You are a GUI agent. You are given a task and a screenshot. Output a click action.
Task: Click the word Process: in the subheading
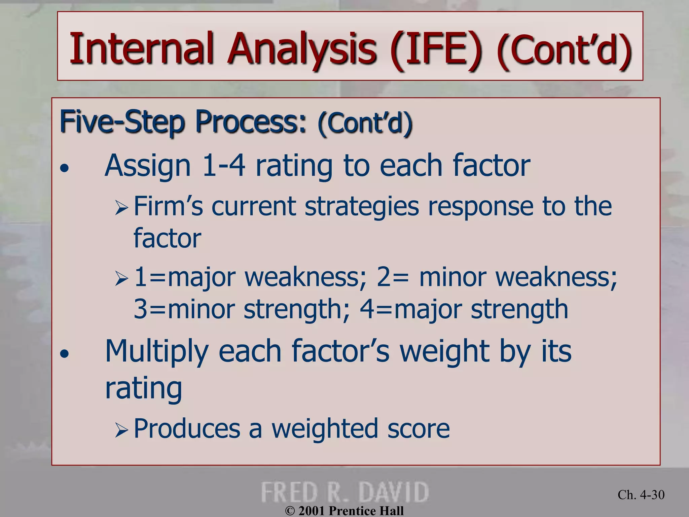click(251, 122)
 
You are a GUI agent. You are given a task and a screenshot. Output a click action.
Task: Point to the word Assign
click(148, 166)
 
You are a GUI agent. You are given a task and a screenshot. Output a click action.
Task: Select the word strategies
click(362, 207)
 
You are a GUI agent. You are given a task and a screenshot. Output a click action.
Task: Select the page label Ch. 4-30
click(641, 494)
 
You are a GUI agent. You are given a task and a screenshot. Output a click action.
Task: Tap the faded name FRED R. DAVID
click(344, 492)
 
